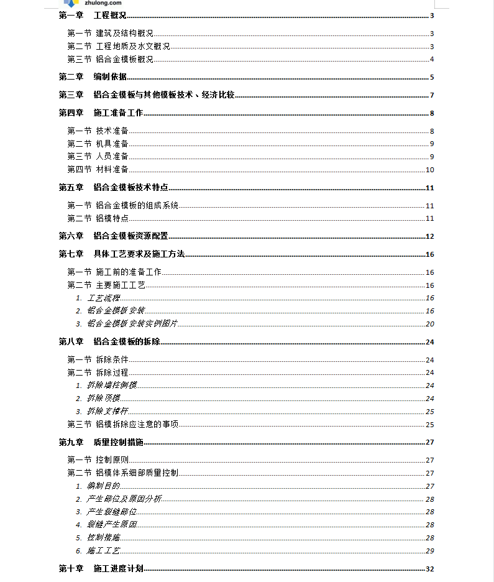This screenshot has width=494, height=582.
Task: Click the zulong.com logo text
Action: [98, 3]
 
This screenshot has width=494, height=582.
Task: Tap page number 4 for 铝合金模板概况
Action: [431, 60]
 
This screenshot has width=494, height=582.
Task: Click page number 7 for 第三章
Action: [431, 95]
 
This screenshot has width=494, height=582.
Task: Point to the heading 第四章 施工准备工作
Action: [101, 113]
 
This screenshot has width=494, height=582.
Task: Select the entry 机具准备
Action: [112, 144]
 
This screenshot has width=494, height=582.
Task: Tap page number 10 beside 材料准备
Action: [429, 170]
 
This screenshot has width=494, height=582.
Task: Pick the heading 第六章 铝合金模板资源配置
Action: [114, 236]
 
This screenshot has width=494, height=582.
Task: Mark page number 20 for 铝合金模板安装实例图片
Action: [429, 324]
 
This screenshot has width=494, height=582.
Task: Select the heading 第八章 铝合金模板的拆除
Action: [109, 341]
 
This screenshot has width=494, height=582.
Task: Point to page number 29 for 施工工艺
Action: [429, 551]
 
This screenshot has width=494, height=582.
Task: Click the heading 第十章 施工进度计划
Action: [101, 568]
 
